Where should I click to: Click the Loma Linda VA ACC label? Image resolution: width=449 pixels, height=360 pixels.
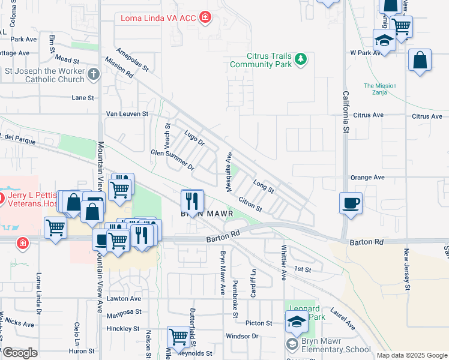(158, 17)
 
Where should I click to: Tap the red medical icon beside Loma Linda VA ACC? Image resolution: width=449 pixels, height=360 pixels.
(205, 17)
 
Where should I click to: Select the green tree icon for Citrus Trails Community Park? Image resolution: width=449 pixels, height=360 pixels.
(300, 59)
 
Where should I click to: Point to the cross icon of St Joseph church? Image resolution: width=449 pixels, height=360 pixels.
(93, 74)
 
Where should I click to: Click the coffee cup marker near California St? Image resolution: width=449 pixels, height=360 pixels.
(350, 202)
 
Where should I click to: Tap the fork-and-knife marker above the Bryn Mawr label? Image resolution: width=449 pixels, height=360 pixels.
(193, 199)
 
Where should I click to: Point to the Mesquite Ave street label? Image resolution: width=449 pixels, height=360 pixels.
(229, 172)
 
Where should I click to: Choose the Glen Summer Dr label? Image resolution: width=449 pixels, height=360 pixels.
(173, 160)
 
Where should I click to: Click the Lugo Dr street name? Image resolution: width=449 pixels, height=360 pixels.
(194, 139)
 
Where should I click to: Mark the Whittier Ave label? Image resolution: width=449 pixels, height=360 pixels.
(283, 262)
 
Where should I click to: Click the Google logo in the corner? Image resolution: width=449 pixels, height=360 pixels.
(20, 353)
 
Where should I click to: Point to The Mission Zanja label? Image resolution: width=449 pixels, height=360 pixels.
(380, 89)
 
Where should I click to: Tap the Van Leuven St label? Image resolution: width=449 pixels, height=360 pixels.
(127, 113)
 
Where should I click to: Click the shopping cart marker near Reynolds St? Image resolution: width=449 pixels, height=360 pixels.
(178, 337)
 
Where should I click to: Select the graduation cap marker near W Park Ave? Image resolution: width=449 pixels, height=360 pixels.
(384, 40)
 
